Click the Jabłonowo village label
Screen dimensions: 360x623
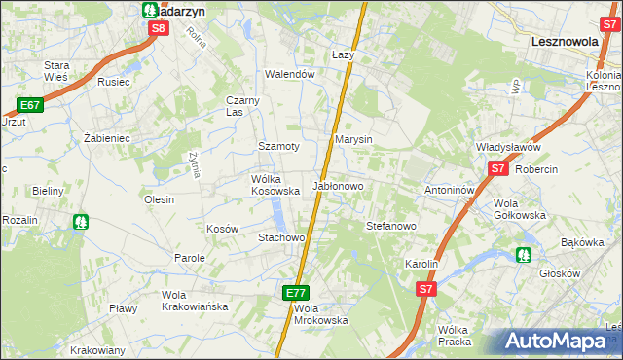point(338,185)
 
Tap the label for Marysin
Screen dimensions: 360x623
point(354,139)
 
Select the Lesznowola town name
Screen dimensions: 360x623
point(570,43)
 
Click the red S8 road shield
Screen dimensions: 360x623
point(160,28)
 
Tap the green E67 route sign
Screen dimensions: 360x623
point(29,105)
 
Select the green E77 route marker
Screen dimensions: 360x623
point(298,292)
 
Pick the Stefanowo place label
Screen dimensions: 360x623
point(391,226)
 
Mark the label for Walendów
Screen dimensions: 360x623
point(290,74)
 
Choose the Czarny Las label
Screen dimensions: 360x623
point(242,105)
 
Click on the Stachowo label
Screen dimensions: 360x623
point(281,237)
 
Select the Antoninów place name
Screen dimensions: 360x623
point(449,190)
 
